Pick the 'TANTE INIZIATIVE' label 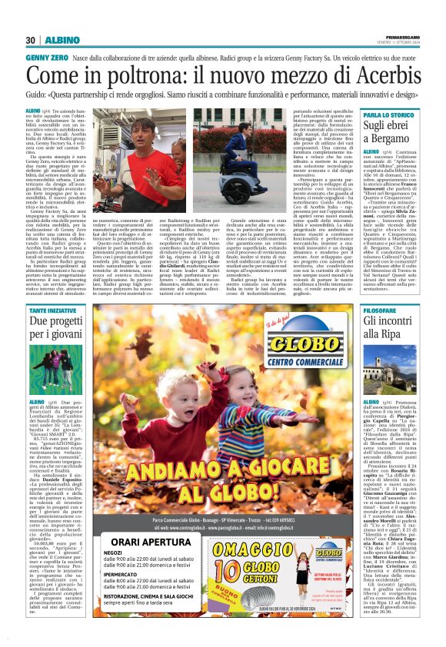click(x=54, y=310)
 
